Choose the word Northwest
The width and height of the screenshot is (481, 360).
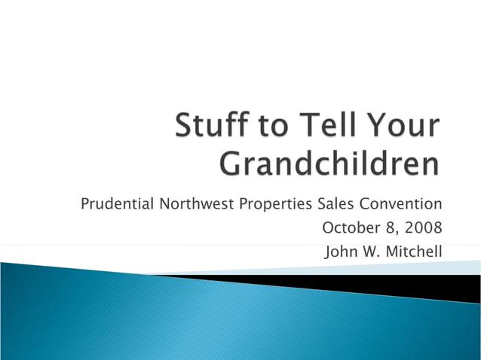click(195, 204)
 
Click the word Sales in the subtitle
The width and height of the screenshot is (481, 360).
click(335, 204)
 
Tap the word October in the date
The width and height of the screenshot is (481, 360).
click(348, 227)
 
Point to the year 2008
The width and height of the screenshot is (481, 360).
click(424, 227)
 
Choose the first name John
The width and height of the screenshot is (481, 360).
click(340, 251)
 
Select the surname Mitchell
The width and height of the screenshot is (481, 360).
click(413, 251)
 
